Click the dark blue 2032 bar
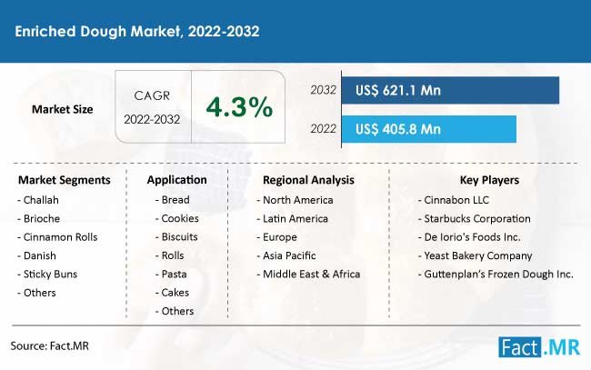coord(450,90)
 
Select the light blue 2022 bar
coord(429,129)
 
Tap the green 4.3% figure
coord(239,107)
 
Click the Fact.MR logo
coord(539,346)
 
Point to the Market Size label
coord(62,109)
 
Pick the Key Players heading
coord(489,180)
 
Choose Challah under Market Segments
coord(41,200)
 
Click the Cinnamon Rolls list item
coord(60,237)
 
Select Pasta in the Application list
coord(174,274)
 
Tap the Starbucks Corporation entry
coord(477,218)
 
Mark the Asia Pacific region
coord(289,255)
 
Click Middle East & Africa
coord(311,274)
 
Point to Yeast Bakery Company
coord(478,255)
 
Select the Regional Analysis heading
coord(308,180)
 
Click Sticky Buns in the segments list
coord(50,274)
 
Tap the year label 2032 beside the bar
coord(323,90)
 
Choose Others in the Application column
coord(177,311)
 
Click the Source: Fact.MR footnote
coord(49,345)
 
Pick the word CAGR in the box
coord(152,95)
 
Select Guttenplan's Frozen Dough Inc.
coord(498,275)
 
